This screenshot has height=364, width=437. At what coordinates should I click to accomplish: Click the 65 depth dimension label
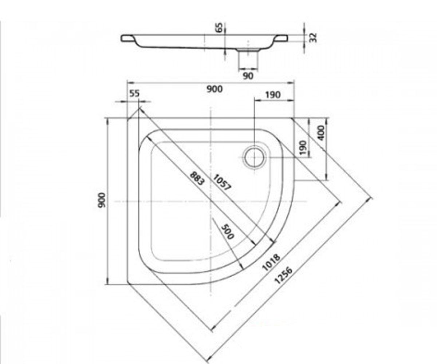(219, 27)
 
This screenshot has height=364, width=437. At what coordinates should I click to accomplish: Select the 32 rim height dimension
(313, 37)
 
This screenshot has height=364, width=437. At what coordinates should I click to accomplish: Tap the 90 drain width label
(248, 76)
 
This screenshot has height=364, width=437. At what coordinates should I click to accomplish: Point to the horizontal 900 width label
(214, 89)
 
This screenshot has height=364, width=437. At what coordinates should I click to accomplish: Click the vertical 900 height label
(102, 200)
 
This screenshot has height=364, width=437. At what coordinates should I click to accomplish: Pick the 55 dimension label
(134, 94)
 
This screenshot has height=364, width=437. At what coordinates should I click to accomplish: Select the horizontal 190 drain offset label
(273, 95)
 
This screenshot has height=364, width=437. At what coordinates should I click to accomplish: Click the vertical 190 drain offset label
(303, 148)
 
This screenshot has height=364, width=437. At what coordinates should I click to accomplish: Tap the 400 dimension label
(321, 133)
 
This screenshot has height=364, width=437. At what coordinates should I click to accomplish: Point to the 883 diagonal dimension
(197, 178)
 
